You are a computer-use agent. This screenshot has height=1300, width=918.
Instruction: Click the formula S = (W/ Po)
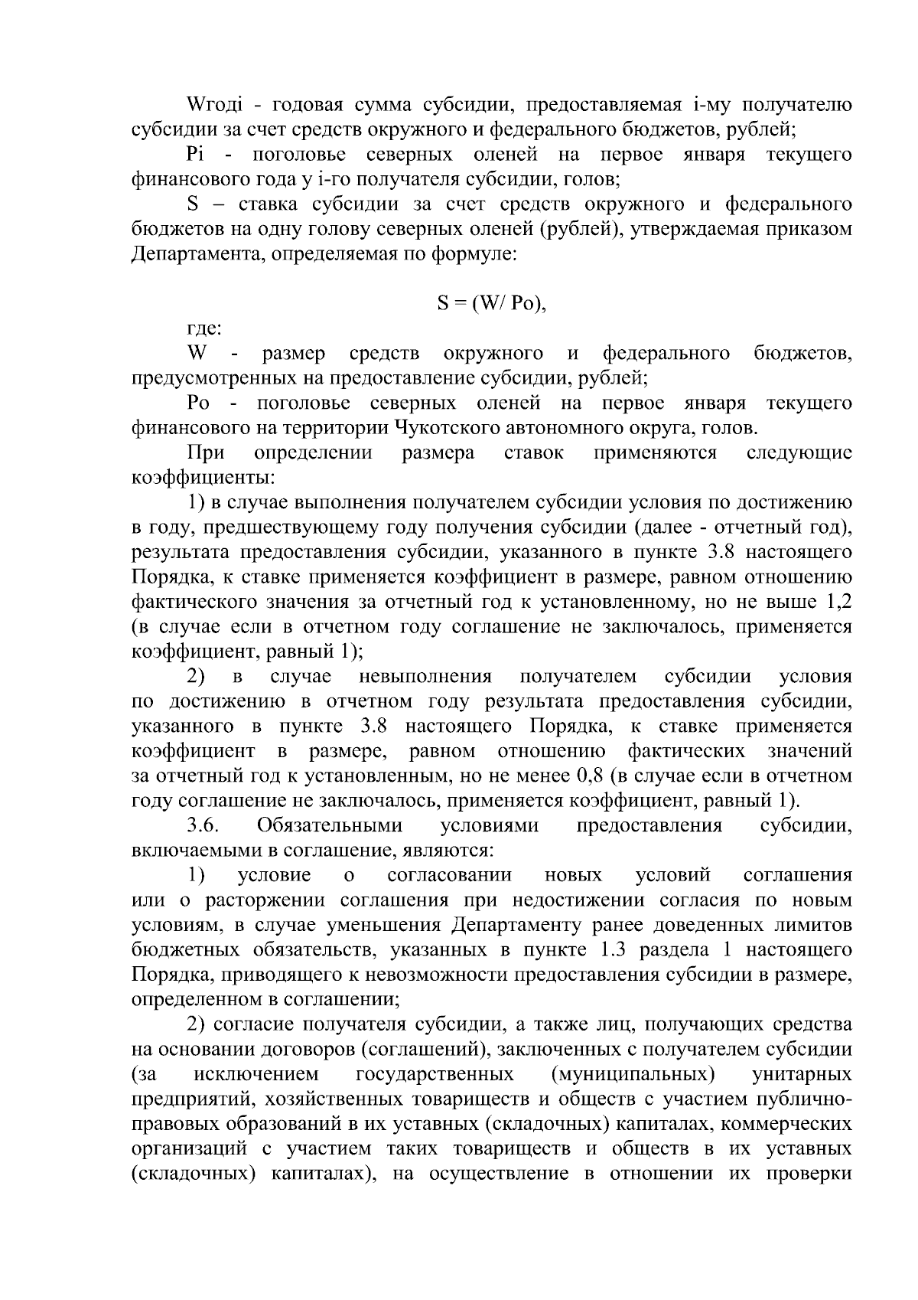(x=493, y=304)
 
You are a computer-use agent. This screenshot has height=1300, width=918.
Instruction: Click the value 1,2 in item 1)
(x=838, y=603)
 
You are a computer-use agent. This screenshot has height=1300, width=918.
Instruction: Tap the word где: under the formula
(x=205, y=329)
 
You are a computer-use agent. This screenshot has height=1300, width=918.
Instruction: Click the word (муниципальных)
(x=633, y=1074)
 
